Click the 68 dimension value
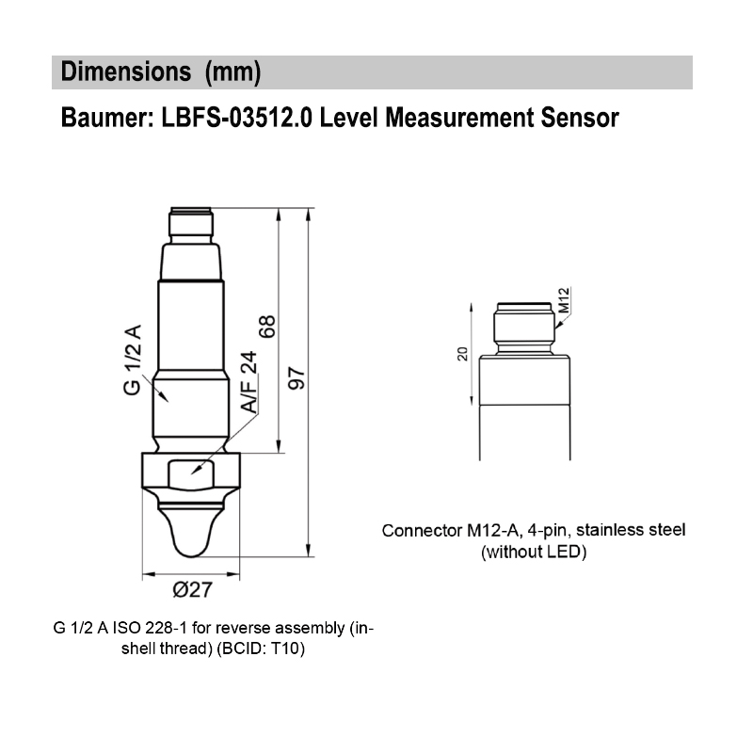coord(268,327)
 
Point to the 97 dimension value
coord(297,376)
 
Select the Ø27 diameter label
coord(192,591)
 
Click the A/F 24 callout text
coord(248,382)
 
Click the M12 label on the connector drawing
coord(565,300)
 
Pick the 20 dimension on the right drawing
coord(461,354)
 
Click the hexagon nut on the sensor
coord(192,468)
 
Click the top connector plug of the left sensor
coord(191,223)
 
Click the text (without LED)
coord(534,553)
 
